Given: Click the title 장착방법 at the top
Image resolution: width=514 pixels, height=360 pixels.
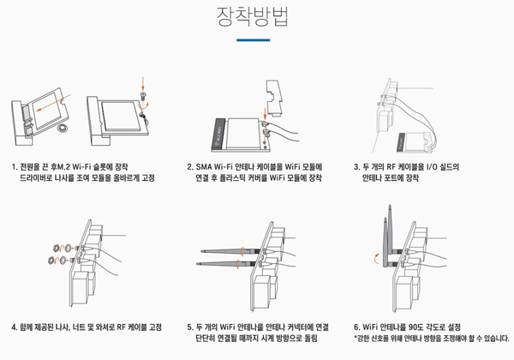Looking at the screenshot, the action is point(253,16).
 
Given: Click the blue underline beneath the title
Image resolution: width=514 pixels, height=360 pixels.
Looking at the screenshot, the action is point(253,40).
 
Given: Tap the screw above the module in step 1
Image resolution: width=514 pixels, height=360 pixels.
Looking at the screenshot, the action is point(143,96).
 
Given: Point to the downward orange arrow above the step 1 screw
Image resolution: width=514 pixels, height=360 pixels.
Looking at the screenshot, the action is point(142,84).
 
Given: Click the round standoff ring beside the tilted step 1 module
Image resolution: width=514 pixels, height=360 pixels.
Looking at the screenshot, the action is point(62,128).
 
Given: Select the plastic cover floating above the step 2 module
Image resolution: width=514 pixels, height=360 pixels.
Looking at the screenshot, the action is point(274,98).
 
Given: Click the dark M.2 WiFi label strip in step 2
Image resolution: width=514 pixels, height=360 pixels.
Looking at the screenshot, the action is point(218,135).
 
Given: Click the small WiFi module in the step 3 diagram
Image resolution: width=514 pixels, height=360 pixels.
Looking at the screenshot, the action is point(415,142).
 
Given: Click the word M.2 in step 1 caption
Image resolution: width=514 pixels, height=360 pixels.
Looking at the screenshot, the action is point(63,167).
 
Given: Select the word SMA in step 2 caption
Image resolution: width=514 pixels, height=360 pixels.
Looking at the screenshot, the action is point(204,167).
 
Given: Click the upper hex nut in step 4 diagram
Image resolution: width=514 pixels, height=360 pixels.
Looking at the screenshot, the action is point(56,248).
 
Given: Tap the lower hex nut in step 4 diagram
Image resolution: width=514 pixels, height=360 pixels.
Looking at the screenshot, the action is point(51,261).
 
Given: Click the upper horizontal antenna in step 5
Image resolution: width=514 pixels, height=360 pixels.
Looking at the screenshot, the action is point(230,251).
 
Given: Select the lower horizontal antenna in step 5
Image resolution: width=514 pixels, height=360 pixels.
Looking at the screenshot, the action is point(225,264).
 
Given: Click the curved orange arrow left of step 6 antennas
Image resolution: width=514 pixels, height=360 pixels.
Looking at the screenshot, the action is point(376,258).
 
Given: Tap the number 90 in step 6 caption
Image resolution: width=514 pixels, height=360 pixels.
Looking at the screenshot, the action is point(415,327).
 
